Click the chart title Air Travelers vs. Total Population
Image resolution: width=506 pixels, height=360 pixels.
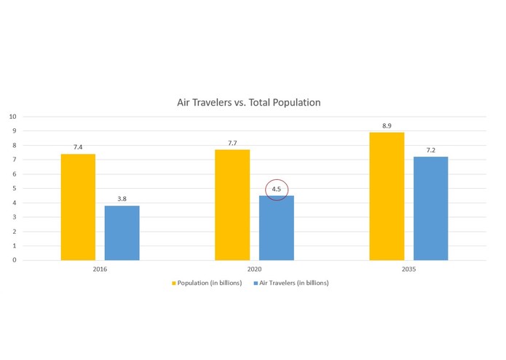249,103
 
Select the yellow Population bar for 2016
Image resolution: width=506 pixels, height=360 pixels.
78,207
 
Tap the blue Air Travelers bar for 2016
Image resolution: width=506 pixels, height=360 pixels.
122,232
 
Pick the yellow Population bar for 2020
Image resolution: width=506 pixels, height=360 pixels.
232,205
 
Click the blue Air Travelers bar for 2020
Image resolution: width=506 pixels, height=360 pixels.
277,227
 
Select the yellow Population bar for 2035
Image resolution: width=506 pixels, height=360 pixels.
387,196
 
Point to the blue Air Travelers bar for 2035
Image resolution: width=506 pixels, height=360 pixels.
430,208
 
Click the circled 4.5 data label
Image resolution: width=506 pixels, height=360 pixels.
277,189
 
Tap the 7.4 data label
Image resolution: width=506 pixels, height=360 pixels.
78,147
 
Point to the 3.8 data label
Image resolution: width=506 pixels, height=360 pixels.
122,199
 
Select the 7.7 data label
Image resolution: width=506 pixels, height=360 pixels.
232,143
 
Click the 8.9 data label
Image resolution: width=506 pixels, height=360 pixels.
387,125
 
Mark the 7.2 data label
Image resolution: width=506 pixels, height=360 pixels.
430,150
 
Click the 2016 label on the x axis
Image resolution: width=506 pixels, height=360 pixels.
100,269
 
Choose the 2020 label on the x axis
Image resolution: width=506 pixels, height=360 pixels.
254,269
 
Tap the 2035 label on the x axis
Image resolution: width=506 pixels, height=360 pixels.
408,269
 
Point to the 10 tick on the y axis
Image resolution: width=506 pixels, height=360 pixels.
12,117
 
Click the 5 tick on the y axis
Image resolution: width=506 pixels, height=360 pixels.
14,188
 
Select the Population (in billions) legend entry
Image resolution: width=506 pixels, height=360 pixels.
212,283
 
